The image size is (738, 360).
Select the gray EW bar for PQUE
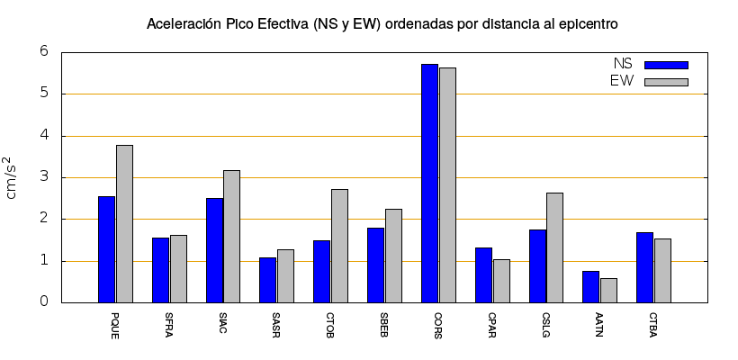coord(124,224)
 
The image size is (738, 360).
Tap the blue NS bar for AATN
coord(590,287)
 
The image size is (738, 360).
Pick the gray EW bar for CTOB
coord(339,246)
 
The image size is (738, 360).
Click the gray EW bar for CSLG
coord(554,247)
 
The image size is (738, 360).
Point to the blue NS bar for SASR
coord(268,280)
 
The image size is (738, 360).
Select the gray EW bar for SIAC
coord(231,237)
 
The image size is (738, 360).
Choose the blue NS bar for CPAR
coord(483,275)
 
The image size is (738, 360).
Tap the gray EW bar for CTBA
coord(662,271)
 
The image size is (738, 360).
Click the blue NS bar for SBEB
coord(375,265)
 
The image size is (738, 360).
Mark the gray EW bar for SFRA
coord(178,269)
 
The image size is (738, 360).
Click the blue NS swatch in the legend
coord(666,65)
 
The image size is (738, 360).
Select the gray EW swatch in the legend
coord(666,82)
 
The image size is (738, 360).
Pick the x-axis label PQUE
coord(115,325)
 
